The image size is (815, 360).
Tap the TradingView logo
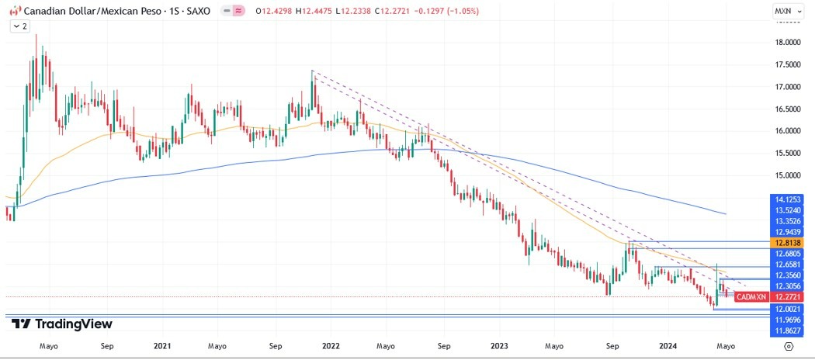tap(62, 324)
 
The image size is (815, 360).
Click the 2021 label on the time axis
tap(162, 346)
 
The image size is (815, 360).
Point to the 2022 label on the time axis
tap(331, 346)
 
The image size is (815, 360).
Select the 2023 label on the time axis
tap(500, 346)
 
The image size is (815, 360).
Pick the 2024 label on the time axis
tap(668, 346)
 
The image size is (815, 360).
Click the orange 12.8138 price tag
tap(787, 243)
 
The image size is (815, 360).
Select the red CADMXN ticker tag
tap(751, 297)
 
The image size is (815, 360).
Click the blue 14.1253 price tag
tap(787, 199)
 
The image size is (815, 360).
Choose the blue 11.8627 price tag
tap(787, 331)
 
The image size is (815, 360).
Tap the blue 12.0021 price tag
tap(787, 309)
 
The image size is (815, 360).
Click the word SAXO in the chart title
tap(196, 12)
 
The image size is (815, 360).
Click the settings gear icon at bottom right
tap(789, 347)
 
